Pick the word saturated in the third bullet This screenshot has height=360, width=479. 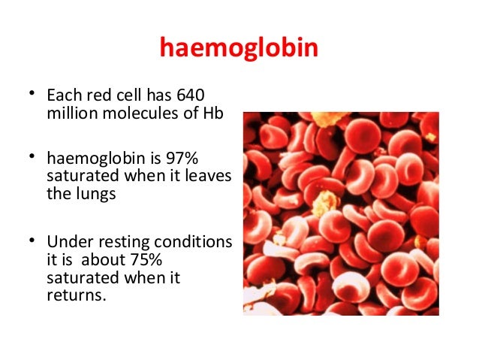click(77, 277)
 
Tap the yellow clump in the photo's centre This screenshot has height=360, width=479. click(324, 201)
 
